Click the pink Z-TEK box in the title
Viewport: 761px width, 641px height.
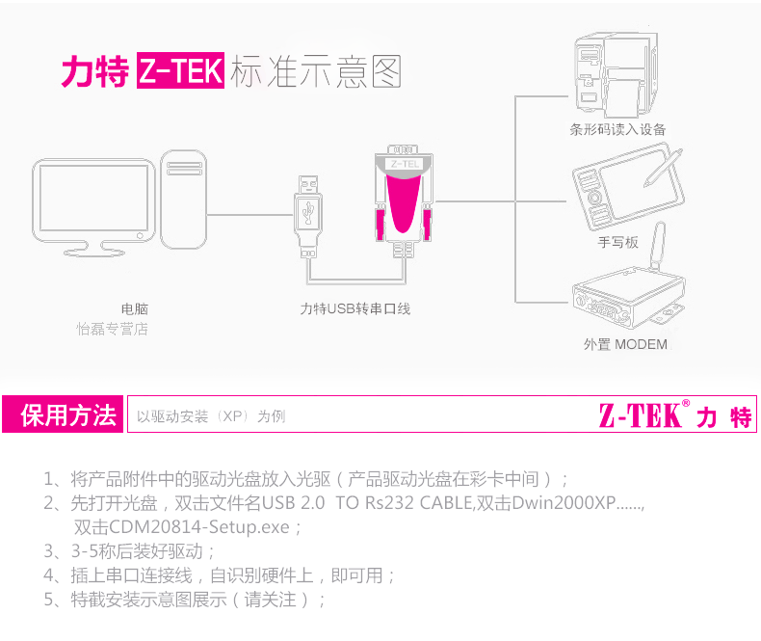pos(180,70)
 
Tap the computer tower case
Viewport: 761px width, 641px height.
pos(183,200)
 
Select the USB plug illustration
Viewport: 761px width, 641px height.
pos(308,216)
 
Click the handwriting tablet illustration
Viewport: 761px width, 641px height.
pos(628,188)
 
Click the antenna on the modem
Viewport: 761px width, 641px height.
pos(657,246)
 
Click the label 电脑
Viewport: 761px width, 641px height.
pos(135,308)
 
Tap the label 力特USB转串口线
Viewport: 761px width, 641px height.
pos(355,308)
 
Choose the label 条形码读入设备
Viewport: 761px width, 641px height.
pos(617,130)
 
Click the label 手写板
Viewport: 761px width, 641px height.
pos(617,242)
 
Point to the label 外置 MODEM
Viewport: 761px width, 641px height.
pos(625,344)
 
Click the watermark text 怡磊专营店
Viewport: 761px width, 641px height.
pos(112,330)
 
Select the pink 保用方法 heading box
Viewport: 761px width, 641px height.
pos(63,414)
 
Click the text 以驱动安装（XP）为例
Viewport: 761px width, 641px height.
pos(211,416)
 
